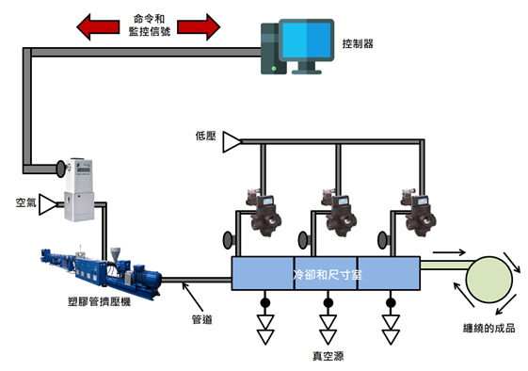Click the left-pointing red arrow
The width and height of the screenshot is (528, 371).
(x=98, y=27)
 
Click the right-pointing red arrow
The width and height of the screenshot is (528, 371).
(x=199, y=27)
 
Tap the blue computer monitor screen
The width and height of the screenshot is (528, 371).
(x=307, y=40)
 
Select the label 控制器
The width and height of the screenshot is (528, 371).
(x=358, y=44)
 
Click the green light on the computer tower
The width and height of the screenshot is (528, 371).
(x=274, y=69)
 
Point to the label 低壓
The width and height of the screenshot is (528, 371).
(x=205, y=137)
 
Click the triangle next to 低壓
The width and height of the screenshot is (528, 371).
(x=232, y=142)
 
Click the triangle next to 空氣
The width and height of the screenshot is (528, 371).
(x=48, y=204)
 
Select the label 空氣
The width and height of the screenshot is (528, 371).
(x=26, y=202)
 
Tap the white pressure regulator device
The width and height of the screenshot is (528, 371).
(x=79, y=190)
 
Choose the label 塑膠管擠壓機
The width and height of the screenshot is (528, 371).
(x=99, y=301)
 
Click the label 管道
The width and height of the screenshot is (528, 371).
(x=202, y=319)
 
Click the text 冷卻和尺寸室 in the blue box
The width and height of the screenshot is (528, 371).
(x=328, y=275)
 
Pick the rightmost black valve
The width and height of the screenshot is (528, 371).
(x=419, y=213)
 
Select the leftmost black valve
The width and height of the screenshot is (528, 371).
(x=264, y=213)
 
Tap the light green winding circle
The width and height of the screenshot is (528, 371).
(x=489, y=280)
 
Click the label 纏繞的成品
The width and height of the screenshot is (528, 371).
(x=488, y=328)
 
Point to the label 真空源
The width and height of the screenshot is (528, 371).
(x=328, y=356)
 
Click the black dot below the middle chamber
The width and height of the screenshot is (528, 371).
(x=328, y=303)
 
